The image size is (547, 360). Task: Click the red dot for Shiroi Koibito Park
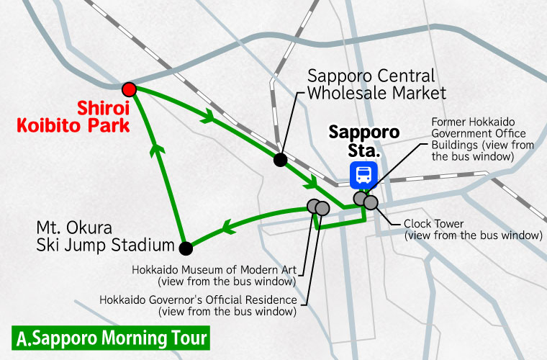pos(129,89)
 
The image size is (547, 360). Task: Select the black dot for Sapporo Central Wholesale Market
pos(280,159)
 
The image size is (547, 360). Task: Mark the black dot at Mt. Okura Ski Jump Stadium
pos(186,248)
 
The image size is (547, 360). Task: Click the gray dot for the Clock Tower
pos(371,202)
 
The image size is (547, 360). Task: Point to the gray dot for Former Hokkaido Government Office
pos(359,198)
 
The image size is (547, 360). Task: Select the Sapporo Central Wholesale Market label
pos(376,84)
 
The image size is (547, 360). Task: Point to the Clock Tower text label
pos(471,229)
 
